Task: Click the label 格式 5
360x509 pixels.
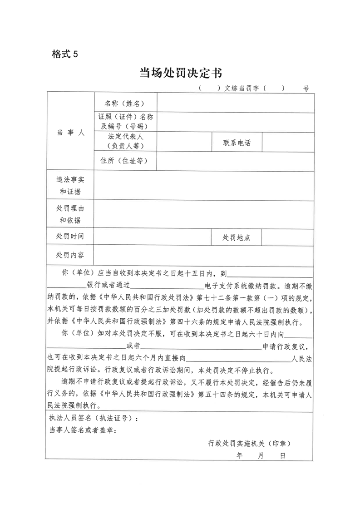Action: [65, 54]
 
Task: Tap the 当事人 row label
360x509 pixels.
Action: [70, 133]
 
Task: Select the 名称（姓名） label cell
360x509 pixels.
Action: [125, 104]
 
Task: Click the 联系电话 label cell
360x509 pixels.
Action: [237, 143]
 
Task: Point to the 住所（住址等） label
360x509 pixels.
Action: [125, 161]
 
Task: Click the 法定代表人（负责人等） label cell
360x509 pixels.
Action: [125, 141]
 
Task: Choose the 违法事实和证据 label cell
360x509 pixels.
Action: [70, 186]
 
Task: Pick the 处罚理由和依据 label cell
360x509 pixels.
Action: [70, 214]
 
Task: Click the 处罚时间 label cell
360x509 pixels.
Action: [70, 237]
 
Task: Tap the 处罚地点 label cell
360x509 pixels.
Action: [236, 237]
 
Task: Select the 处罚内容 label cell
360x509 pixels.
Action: [70, 255]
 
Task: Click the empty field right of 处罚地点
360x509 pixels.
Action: [288, 237]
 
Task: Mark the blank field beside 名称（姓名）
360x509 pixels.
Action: [235, 103]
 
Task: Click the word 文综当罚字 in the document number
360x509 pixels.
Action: [242, 89]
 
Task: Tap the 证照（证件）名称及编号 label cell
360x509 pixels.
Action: [125, 121]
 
